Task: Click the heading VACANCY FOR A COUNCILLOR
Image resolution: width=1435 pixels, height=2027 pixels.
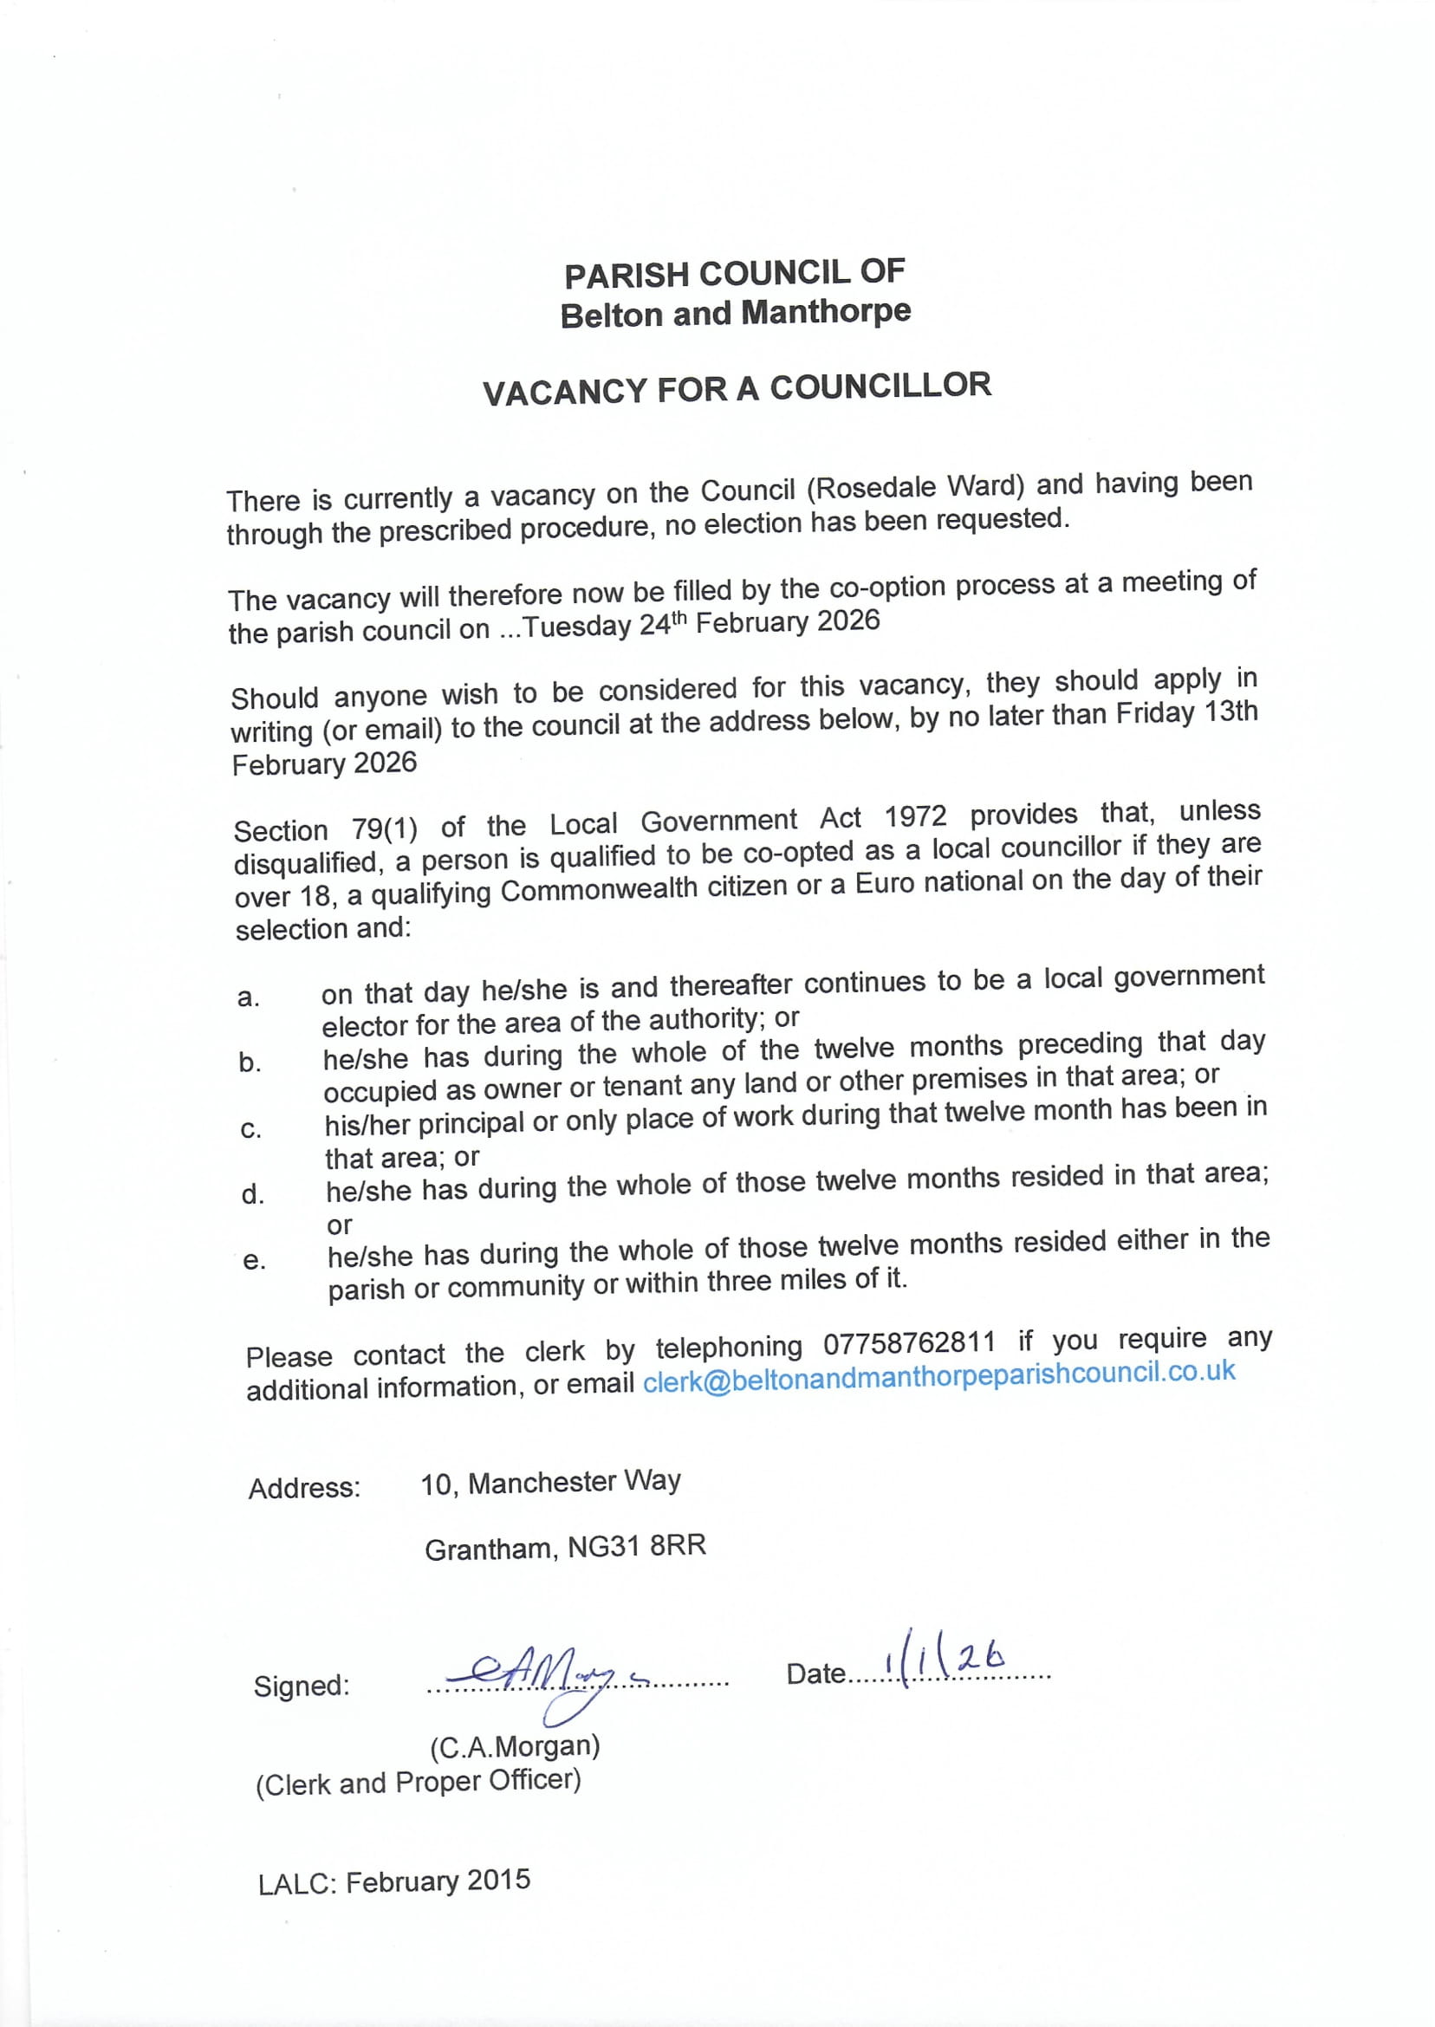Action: click(x=736, y=389)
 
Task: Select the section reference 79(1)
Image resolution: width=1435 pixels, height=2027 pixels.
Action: click(x=385, y=828)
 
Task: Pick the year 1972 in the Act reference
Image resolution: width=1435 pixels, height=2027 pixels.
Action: click(x=915, y=818)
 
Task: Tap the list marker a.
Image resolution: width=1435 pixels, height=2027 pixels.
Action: click(x=249, y=997)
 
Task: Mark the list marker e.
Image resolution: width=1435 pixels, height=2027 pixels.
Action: click(x=254, y=1261)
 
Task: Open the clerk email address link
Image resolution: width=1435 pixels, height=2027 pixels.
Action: click(x=938, y=1375)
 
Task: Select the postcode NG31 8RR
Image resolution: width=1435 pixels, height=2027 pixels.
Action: click(x=636, y=1546)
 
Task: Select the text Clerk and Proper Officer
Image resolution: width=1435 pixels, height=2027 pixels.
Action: click(x=418, y=1783)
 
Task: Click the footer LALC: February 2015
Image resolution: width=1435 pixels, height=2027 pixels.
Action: click(x=394, y=1881)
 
